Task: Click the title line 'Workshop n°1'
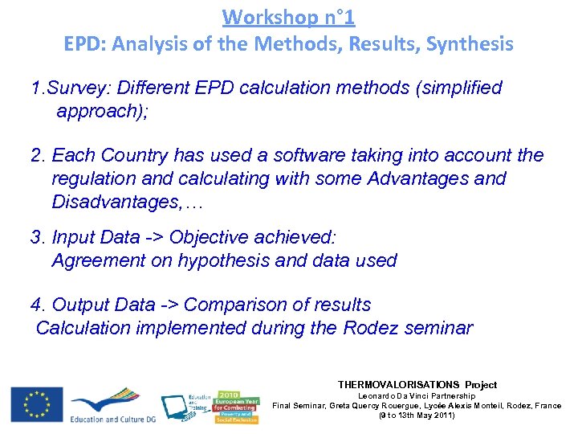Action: coord(288,16)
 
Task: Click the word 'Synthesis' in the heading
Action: coord(470,44)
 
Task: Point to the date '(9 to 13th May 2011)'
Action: coord(417,416)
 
